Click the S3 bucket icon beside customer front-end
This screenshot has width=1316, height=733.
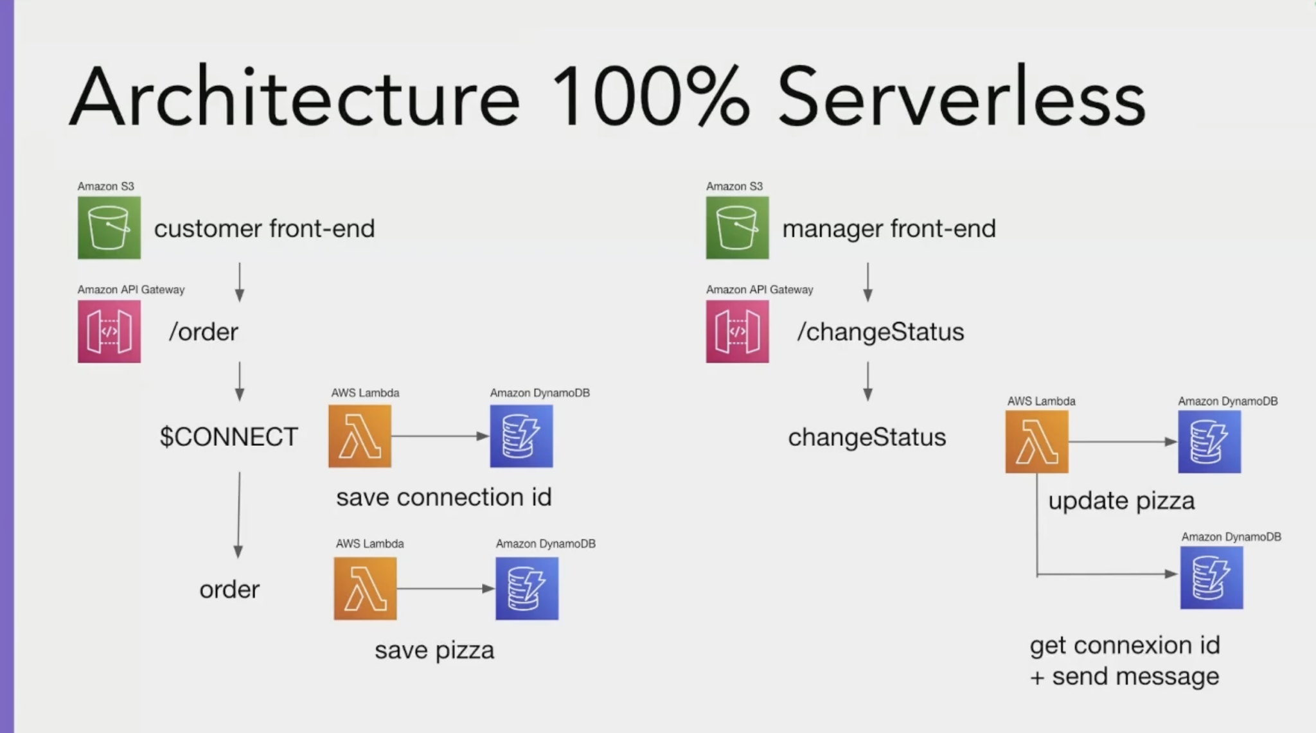point(109,228)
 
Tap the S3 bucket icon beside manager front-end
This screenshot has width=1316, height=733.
point(737,228)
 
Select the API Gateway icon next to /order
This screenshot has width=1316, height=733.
point(109,331)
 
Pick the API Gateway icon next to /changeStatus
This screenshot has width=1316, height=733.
point(737,331)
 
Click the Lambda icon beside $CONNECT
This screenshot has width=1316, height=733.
point(360,436)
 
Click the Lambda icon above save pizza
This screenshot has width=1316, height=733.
point(365,588)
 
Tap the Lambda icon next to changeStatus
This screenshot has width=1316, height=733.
point(1036,442)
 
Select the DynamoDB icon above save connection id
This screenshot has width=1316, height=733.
point(521,436)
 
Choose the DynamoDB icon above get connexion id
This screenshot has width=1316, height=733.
point(1211,577)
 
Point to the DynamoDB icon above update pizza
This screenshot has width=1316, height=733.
point(1209,442)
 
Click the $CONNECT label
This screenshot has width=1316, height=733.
point(229,437)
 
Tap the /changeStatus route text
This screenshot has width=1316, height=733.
point(880,332)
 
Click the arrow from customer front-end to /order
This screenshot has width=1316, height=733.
point(240,281)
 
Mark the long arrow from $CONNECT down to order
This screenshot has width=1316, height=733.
point(238,514)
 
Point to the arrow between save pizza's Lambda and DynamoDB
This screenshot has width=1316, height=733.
point(445,588)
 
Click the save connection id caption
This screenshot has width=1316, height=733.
point(443,497)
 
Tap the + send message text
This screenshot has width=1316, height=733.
point(1125,676)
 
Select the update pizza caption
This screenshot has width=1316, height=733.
point(1121,501)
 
